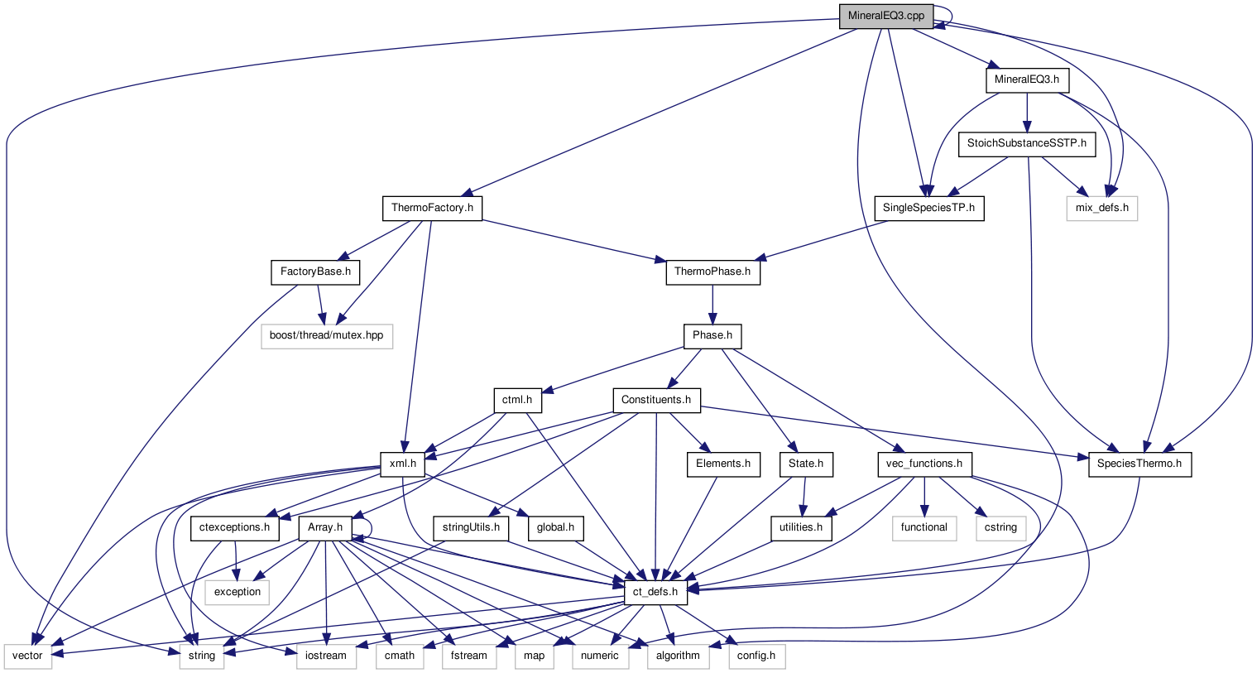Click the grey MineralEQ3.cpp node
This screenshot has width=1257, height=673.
point(886,16)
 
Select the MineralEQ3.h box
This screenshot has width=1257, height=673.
point(1027,80)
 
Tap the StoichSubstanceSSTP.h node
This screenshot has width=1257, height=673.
point(1027,145)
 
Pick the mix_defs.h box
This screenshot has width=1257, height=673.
point(1101,208)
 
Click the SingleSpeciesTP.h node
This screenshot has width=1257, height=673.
point(929,208)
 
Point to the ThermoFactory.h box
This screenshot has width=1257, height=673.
point(432,208)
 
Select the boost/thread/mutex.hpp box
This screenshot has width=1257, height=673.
point(326,336)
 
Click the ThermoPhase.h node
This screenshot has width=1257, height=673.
point(712,272)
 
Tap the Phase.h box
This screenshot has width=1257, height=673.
point(712,336)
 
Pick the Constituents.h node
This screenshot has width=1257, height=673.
point(656,400)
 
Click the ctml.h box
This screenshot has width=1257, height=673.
point(517,400)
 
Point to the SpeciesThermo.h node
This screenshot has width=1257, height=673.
point(1139,464)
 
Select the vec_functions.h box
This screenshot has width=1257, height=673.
point(924,464)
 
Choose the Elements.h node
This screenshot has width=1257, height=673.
point(722,464)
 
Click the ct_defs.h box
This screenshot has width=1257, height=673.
point(655,592)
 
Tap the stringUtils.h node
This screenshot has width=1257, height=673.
point(471,527)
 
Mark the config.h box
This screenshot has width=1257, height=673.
point(756,656)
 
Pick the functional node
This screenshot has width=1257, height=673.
point(924,527)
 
